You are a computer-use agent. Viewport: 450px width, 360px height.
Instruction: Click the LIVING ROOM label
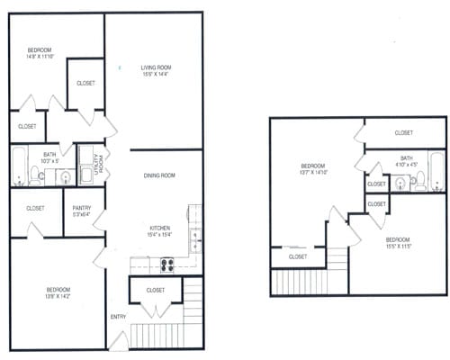(156, 67)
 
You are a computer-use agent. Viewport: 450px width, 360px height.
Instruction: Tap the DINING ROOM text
(158, 175)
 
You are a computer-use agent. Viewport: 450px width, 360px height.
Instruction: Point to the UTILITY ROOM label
(89, 164)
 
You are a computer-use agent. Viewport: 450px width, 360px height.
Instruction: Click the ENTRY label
(118, 317)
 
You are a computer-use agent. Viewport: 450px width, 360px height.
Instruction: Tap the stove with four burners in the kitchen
(166, 264)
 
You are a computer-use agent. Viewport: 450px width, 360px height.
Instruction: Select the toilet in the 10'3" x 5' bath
(35, 175)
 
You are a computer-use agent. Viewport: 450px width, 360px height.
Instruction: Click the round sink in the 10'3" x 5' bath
(66, 177)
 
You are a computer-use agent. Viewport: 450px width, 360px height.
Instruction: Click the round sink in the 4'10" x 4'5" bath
(398, 184)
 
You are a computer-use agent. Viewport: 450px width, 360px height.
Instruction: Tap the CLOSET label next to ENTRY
(155, 290)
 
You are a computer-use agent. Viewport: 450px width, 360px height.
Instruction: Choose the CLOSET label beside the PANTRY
(35, 208)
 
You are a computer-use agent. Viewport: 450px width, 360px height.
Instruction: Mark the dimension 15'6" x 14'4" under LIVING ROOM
(156, 75)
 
